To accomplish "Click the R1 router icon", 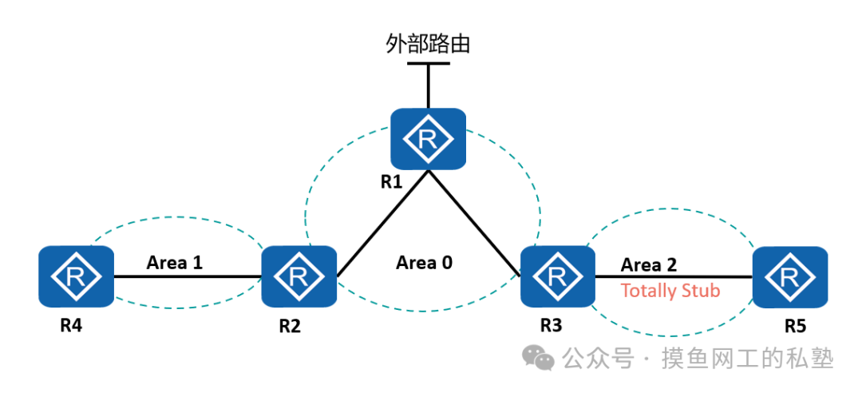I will pyautogui.click(x=428, y=139).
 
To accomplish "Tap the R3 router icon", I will pyautogui.click(x=557, y=276).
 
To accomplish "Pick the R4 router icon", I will pyautogui.click(x=76, y=276).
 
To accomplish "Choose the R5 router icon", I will pyautogui.click(x=789, y=276).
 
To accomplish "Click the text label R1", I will pyautogui.click(x=391, y=181).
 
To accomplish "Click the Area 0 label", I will pyautogui.click(x=425, y=262).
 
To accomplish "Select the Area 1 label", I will pyautogui.click(x=176, y=262).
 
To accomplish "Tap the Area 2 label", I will pyautogui.click(x=650, y=264).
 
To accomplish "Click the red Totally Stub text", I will pyautogui.click(x=670, y=291).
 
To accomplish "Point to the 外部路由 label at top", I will pyautogui.click(x=428, y=42).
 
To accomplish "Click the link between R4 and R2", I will pyautogui.click(x=188, y=277).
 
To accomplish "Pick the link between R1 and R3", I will pyautogui.click(x=475, y=224).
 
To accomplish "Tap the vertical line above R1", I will pyautogui.click(x=428, y=85).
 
